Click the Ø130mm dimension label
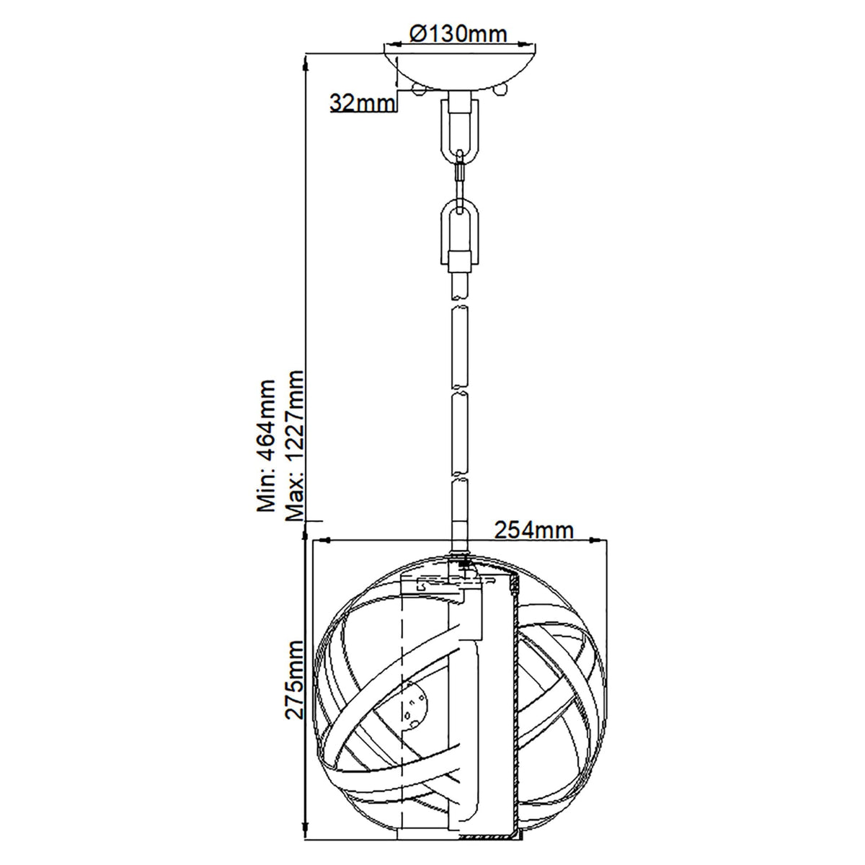tap(458, 33)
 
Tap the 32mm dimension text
tap(363, 102)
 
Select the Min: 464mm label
tap(267, 444)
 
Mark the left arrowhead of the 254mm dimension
tap(323, 540)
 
